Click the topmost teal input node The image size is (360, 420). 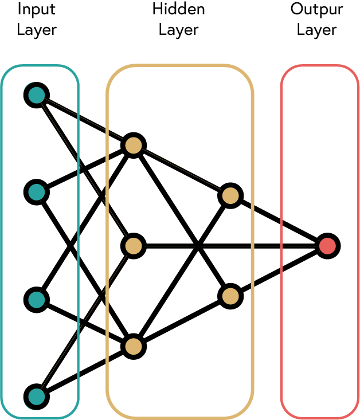[36, 95]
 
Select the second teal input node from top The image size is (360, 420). [36, 192]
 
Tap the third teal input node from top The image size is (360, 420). [36, 299]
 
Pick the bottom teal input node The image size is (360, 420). [36, 397]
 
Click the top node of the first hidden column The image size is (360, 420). [134, 145]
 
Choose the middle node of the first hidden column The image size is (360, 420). [133, 246]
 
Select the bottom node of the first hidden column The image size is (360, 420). [134, 346]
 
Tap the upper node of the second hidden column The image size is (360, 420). [230, 196]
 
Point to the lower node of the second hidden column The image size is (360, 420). [230, 296]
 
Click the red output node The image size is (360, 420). [327, 246]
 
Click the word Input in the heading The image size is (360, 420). [37, 10]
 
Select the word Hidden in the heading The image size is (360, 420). [178, 10]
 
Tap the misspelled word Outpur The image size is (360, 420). [316, 10]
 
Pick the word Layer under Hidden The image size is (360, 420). [178, 29]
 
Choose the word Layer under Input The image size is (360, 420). [37, 29]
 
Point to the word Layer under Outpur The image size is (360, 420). [316, 29]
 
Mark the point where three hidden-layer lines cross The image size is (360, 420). [197, 246]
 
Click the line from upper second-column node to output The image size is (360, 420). [279, 221]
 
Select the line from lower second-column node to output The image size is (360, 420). [279, 271]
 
